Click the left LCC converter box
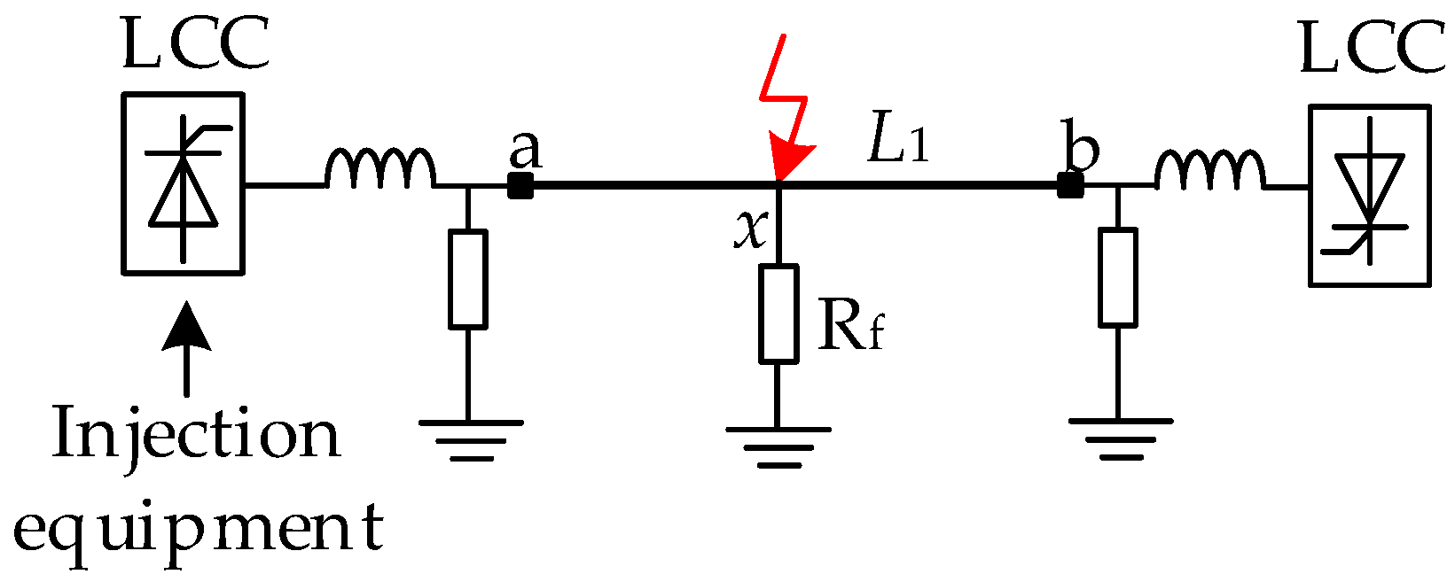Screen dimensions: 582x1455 point(183,183)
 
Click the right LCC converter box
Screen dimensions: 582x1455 point(1369,196)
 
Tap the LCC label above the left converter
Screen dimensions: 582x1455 point(195,46)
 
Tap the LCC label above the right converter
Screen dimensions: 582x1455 point(1371,50)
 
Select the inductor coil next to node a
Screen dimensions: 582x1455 point(380,168)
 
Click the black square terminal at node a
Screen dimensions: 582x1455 point(520,186)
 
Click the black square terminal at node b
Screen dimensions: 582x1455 point(1070,186)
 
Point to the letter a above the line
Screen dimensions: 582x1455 point(525,151)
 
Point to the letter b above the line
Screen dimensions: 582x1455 point(1082,148)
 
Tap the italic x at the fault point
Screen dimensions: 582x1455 point(750,229)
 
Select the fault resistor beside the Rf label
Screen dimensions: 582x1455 point(778,314)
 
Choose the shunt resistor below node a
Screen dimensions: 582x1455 point(467,279)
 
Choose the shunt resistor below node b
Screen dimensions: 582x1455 point(1118,277)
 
